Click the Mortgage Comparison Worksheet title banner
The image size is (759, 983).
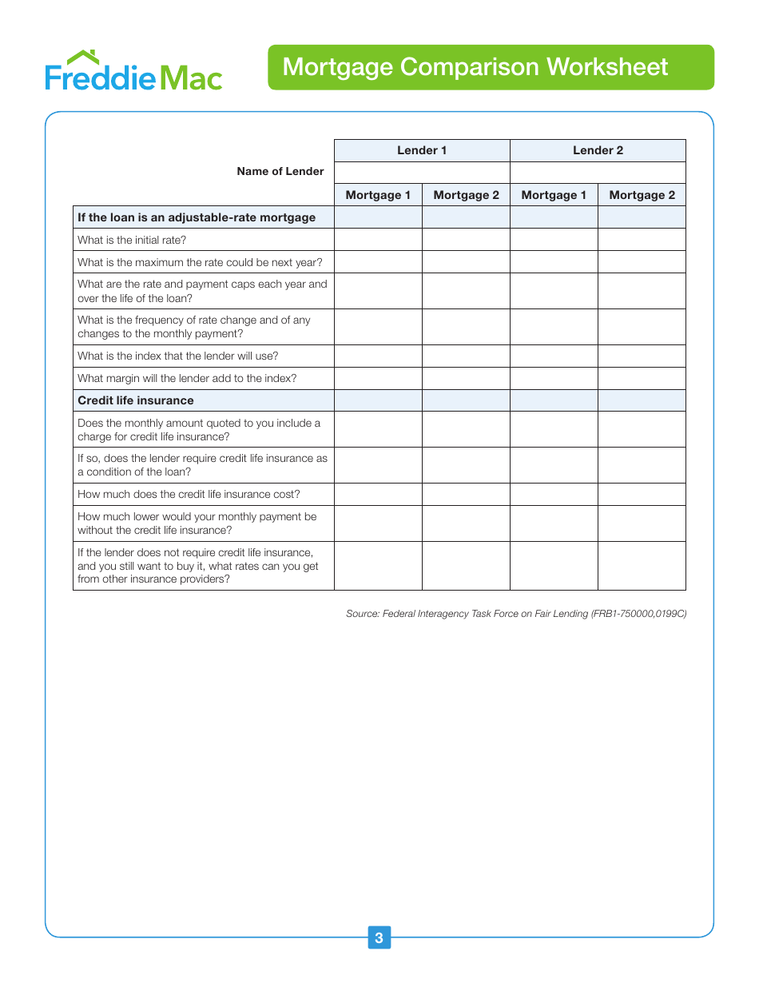[x=491, y=67]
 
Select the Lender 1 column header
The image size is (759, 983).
[x=422, y=150]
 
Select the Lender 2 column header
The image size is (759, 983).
[x=598, y=150]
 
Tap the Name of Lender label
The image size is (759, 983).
[x=280, y=171]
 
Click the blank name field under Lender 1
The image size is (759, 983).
[x=422, y=173]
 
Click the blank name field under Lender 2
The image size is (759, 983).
[x=598, y=173]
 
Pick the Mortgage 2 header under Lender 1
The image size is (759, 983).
[x=466, y=195]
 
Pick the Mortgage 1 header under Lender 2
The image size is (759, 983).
[x=554, y=195]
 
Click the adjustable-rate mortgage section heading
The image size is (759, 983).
[x=197, y=217]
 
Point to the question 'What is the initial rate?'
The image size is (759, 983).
[x=132, y=240]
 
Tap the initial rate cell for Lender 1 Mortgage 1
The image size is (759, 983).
[x=378, y=240]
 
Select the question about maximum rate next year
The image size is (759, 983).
[x=200, y=262]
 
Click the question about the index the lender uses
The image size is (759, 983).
[x=178, y=356]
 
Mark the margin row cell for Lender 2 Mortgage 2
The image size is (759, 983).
[x=642, y=379]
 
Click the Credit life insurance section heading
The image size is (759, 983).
[x=136, y=400]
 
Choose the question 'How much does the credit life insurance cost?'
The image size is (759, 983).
[x=189, y=494]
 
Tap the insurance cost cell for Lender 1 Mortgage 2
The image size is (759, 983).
[x=466, y=494]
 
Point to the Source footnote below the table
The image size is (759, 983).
[x=516, y=614]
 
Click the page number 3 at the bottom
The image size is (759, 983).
[x=379, y=937]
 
